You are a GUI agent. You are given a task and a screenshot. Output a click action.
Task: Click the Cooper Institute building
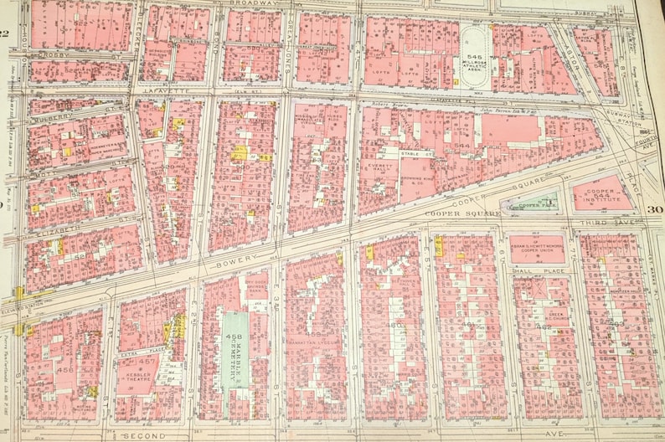pyautogui.click(x=601, y=194)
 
